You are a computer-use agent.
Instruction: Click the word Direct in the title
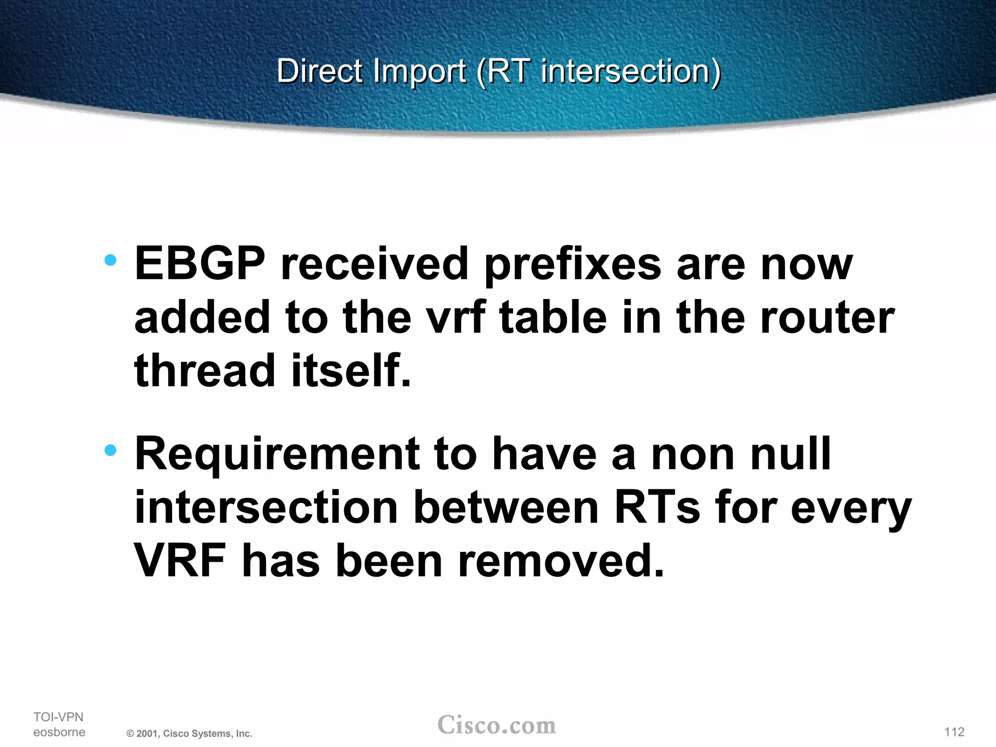point(320,71)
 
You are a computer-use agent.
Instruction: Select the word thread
point(205,370)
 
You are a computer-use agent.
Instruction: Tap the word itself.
point(351,370)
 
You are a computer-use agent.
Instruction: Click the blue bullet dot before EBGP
point(111,260)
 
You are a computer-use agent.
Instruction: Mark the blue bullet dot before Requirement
point(111,450)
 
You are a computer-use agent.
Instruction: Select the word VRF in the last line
point(180,561)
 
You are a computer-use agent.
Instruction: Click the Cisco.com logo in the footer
point(497,725)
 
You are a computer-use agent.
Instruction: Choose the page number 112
point(954,732)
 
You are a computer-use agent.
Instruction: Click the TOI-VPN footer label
point(58,717)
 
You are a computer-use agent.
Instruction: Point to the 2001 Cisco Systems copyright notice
point(189,733)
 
